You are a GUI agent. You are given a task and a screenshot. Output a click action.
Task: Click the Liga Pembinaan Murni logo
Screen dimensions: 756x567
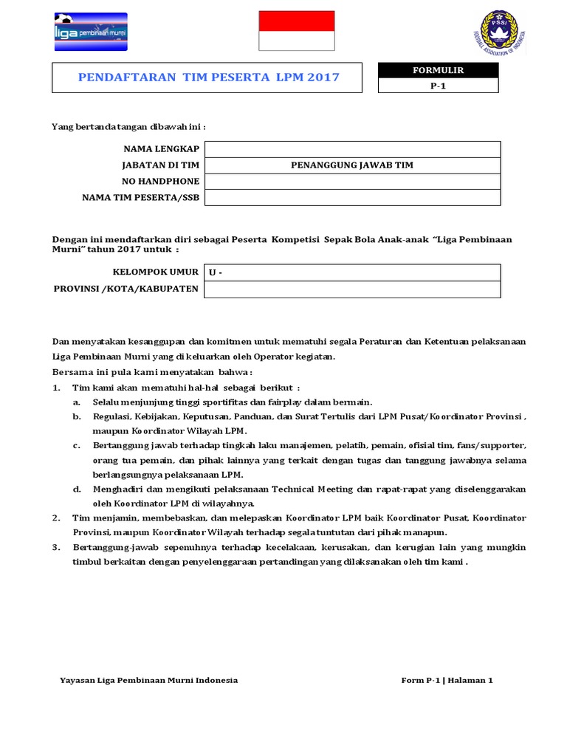(x=91, y=32)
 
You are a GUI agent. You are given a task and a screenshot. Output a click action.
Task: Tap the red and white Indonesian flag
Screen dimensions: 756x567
(x=296, y=31)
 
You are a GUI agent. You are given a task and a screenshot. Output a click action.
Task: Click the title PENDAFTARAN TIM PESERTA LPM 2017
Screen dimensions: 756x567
(x=209, y=78)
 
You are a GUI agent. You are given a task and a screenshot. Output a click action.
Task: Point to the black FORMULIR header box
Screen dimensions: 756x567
(x=438, y=70)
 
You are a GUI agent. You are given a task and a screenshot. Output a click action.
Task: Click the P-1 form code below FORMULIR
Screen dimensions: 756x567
(x=438, y=86)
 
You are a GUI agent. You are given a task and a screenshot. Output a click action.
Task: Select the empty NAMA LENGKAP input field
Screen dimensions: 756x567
(x=352, y=149)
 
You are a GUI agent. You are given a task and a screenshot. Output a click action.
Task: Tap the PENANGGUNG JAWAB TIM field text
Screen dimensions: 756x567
(x=352, y=165)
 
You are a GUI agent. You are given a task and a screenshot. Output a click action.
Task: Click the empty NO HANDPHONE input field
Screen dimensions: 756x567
(x=352, y=182)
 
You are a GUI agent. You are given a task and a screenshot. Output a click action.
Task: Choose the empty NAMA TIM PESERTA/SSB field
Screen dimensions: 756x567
(x=352, y=198)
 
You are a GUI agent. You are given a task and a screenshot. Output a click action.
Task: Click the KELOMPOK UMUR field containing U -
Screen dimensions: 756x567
(x=352, y=272)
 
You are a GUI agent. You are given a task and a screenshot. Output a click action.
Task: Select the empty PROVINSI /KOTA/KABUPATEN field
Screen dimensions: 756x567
(x=352, y=289)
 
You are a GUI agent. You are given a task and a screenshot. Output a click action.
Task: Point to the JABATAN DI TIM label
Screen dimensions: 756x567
(x=161, y=165)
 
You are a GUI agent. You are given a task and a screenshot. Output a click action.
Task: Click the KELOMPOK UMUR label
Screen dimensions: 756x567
(x=155, y=272)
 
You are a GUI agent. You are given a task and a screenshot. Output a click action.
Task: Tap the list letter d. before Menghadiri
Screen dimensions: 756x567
(x=77, y=489)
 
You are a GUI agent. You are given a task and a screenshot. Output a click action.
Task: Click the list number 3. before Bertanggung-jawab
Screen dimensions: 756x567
(x=56, y=547)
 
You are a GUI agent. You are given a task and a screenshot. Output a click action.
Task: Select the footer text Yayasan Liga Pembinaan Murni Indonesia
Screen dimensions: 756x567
(x=148, y=680)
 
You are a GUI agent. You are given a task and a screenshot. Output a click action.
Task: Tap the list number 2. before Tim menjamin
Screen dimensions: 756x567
(x=56, y=518)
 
